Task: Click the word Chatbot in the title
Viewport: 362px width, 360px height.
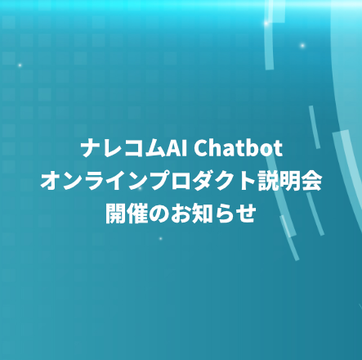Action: [238, 148]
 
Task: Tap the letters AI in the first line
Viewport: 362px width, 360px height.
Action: [177, 148]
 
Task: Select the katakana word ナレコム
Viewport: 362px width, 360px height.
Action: [123, 148]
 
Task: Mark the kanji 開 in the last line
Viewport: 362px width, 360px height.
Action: [116, 214]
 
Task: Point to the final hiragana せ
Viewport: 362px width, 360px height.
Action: [246, 214]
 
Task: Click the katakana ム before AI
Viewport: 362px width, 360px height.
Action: [155, 149]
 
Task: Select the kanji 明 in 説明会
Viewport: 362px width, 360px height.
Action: [290, 181]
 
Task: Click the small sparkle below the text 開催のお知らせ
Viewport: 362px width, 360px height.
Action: [161, 239]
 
